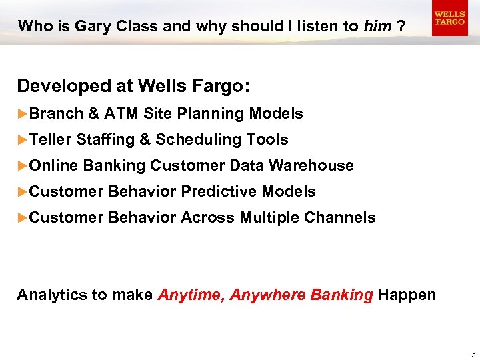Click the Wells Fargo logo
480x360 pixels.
(449, 19)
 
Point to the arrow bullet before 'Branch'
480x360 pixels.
(22, 114)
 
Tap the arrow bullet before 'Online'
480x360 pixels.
(22, 165)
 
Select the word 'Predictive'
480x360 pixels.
(219, 192)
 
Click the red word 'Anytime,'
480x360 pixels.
(191, 295)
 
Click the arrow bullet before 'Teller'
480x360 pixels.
(22, 140)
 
